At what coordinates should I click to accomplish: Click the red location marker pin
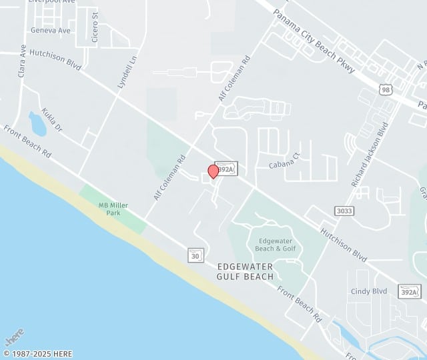click(213, 171)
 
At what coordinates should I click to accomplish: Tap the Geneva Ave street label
click(51, 30)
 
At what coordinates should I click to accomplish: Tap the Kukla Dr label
click(51, 119)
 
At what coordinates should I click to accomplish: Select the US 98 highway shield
click(385, 89)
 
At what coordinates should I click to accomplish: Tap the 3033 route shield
click(345, 211)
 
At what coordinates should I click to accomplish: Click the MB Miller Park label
click(113, 209)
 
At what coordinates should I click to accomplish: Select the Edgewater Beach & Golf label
click(275, 244)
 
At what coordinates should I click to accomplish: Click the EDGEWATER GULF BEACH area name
click(246, 271)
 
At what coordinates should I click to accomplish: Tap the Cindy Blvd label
click(369, 291)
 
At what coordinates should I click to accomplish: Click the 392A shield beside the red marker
click(227, 169)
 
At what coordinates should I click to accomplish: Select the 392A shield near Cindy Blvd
click(410, 292)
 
